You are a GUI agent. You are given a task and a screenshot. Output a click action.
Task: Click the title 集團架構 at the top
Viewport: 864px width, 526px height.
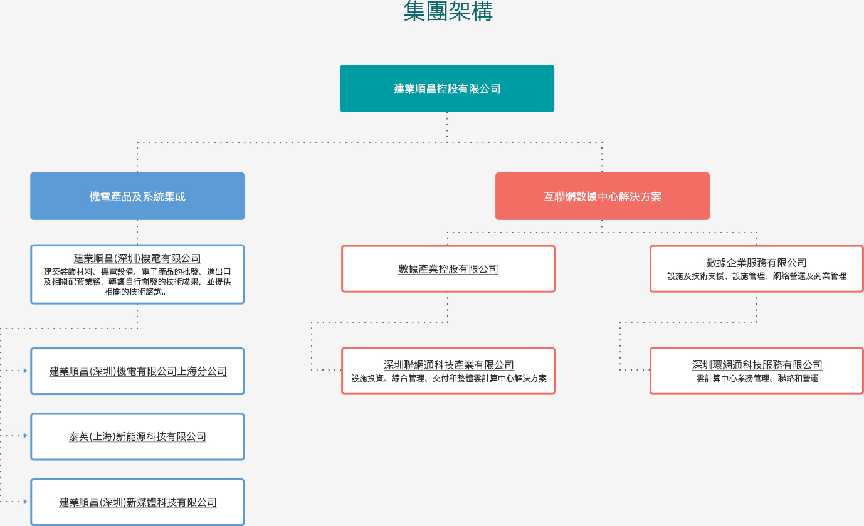pos(448,11)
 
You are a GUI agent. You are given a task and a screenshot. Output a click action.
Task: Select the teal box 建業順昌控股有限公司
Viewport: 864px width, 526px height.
pos(447,88)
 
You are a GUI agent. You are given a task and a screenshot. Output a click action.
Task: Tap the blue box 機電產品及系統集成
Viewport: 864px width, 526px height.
pos(137,196)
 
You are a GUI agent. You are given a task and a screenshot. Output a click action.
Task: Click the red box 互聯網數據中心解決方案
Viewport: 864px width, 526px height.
pos(603,196)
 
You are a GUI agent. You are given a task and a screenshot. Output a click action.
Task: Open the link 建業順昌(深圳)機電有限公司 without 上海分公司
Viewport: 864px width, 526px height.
pos(137,258)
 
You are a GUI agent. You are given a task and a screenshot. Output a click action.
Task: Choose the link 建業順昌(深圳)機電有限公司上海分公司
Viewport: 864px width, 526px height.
pos(138,371)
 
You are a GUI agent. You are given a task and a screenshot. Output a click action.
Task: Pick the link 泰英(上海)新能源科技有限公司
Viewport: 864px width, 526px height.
pos(137,436)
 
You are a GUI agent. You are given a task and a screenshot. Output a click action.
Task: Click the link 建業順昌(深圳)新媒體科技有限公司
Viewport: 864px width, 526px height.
pos(138,502)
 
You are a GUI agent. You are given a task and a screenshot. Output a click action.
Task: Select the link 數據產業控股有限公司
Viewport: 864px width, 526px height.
pos(448,269)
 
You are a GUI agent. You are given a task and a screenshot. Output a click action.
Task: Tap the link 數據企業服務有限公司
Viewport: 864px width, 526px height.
pos(757,263)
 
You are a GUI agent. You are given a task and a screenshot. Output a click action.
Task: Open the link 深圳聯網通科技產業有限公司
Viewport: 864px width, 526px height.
pos(448,365)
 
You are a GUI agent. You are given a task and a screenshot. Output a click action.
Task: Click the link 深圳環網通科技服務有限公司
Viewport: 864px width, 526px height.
pos(757,365)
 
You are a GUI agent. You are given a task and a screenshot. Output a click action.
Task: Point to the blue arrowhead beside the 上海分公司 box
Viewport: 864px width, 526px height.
pos(26,371)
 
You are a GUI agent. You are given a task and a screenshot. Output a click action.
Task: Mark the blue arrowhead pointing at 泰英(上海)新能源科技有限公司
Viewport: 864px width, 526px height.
pos(26,435)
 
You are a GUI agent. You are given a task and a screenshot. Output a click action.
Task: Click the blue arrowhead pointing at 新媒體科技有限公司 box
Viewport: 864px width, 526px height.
pos(26,502)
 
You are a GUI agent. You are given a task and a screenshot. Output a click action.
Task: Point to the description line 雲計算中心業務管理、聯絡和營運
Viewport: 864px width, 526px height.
pos(757,378)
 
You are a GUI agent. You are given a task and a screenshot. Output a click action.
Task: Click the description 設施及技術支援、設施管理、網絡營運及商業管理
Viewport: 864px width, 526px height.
pos(757,276)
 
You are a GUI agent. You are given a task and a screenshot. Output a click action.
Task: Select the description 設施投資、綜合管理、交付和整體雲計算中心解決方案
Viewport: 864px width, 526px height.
pos(449,378)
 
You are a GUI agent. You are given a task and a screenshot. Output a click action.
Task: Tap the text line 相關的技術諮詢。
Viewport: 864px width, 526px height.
pos(136,292)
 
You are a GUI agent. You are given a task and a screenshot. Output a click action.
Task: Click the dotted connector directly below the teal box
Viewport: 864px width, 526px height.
pos(447,127)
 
